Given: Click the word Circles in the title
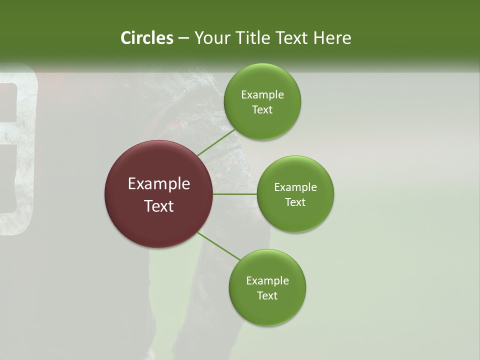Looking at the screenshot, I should tap(146, 38).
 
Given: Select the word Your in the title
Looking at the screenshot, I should tap(211, 38).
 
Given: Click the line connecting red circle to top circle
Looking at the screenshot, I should tap(216, 142).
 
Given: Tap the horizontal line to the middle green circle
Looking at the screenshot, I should tap(235, 194).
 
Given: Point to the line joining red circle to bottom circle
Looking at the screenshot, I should tap(218, 246).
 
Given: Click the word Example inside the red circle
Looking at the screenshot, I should tap(159, 184).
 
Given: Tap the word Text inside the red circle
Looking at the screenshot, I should tap(159, 206).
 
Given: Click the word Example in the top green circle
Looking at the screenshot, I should tap(262, 95).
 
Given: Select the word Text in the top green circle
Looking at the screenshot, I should tap(262, 110).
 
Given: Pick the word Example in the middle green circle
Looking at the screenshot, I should tap(295, 187).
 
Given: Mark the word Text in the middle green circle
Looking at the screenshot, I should tap(295, 202).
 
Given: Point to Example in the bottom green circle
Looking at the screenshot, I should tap(267, 281).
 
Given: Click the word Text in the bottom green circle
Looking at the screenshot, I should tap(267, 296).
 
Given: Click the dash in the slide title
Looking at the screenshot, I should tap(183, 38).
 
